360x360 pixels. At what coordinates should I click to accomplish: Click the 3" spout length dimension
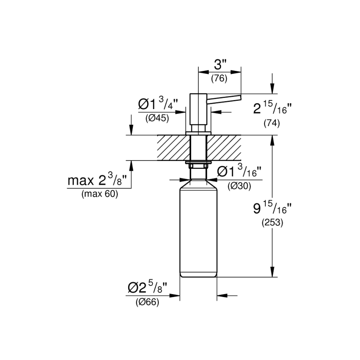tap(220, 65)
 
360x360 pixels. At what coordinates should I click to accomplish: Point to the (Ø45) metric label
tap(157, 118)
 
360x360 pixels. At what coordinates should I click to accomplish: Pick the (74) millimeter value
tap(272, 123)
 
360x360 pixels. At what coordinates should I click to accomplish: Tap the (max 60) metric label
tap(100, 194)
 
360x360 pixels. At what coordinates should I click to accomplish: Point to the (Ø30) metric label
tap(239, 186)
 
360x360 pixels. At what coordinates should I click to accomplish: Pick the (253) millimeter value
tap(272, 223)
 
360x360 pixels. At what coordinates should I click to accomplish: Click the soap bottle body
tap(198, 232)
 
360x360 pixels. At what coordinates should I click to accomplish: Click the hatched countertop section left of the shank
tap(172, 147)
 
